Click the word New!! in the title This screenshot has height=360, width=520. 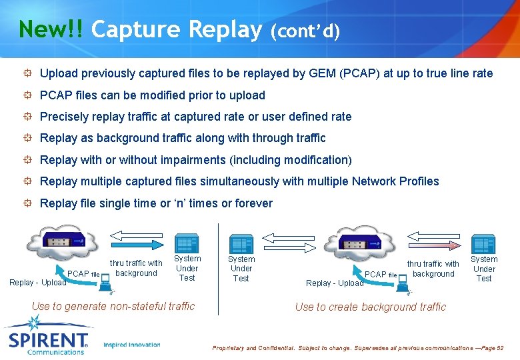tap(51, 29)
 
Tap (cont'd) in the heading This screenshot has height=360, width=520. tap(305, 31)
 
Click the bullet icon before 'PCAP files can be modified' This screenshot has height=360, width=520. tap(27, 95)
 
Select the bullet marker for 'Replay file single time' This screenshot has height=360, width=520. tap(27, 203)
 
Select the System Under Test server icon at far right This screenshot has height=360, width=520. tap(483, 244)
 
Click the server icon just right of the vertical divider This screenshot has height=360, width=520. tap(240, 244)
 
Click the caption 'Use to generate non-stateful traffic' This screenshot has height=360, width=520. tap(113, 306)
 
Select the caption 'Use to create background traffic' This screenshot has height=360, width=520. tap(371, 307)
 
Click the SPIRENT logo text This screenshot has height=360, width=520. tap(47, 339)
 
